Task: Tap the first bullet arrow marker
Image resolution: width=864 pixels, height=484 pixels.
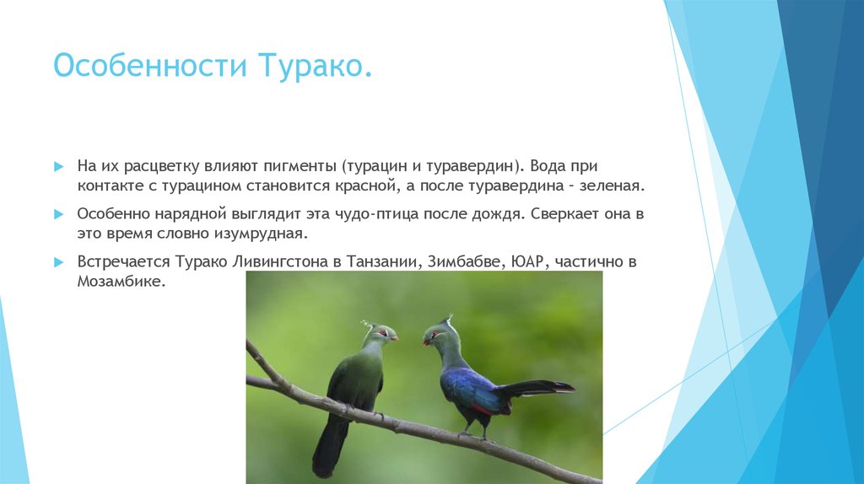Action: (58, 167)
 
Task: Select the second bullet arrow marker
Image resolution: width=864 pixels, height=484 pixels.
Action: (58, 215)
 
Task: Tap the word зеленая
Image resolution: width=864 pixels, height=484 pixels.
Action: (613, 185)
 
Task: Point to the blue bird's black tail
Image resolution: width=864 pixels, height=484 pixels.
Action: (540, 388)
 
